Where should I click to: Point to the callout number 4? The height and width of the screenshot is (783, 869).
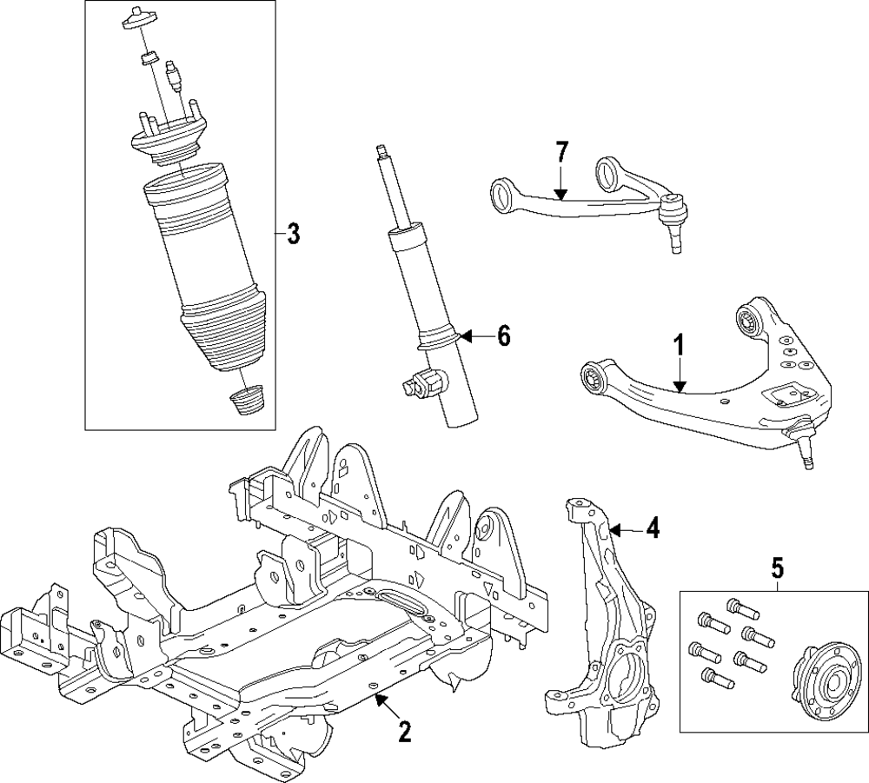651,527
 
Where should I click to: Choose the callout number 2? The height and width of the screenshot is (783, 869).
403,732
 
